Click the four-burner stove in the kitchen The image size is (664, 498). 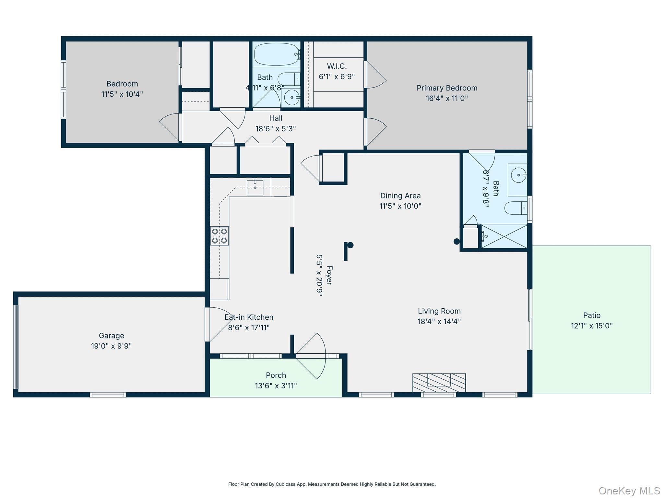click(219, 236)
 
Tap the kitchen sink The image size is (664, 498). click(255, 187)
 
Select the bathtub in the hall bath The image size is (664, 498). click(276, 54)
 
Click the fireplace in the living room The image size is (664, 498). click(439, 383)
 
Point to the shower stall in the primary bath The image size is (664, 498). click(504, 236)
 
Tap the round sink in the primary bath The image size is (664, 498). click(518, 175)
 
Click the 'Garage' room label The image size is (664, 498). click(112, 336)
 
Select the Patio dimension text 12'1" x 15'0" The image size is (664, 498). click(592, 326)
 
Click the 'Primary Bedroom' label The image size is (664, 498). click(447, 88)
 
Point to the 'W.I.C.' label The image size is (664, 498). click(337, 66)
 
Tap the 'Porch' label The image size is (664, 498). click(276, 375)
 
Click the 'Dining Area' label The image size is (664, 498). click(400, 196)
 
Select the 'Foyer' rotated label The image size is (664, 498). click(329, 275)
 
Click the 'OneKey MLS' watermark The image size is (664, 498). click(629, 491)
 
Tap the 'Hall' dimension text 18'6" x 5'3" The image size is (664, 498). click(276, 129)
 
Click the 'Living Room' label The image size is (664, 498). click(439, 311)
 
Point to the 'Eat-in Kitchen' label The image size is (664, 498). click(249, 317)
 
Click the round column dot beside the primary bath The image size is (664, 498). click(456, 241)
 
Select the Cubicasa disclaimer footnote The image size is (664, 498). click(332, 484)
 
